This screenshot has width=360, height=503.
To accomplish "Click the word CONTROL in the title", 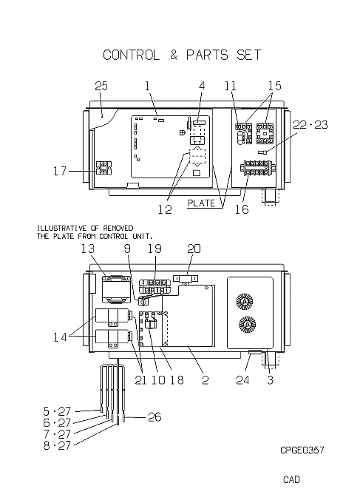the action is [x=131, y=55].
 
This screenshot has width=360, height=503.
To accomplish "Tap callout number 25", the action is [x=101, y=86].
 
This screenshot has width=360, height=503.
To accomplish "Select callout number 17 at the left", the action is [x=60, y=171].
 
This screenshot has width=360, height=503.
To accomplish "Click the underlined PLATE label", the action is [x=201, y=203].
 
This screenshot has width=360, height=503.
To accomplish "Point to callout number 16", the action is [x=242, y=209].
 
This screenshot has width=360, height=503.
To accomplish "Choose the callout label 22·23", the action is [x=310, y=124].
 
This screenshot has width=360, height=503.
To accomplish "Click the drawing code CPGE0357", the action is [x=302, y=450].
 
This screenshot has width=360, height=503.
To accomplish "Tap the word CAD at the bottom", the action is [x=291, y=479].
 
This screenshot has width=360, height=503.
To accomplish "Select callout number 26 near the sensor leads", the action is [x=154, y=417].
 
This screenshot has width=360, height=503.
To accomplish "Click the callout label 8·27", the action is [x=57, y=445].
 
